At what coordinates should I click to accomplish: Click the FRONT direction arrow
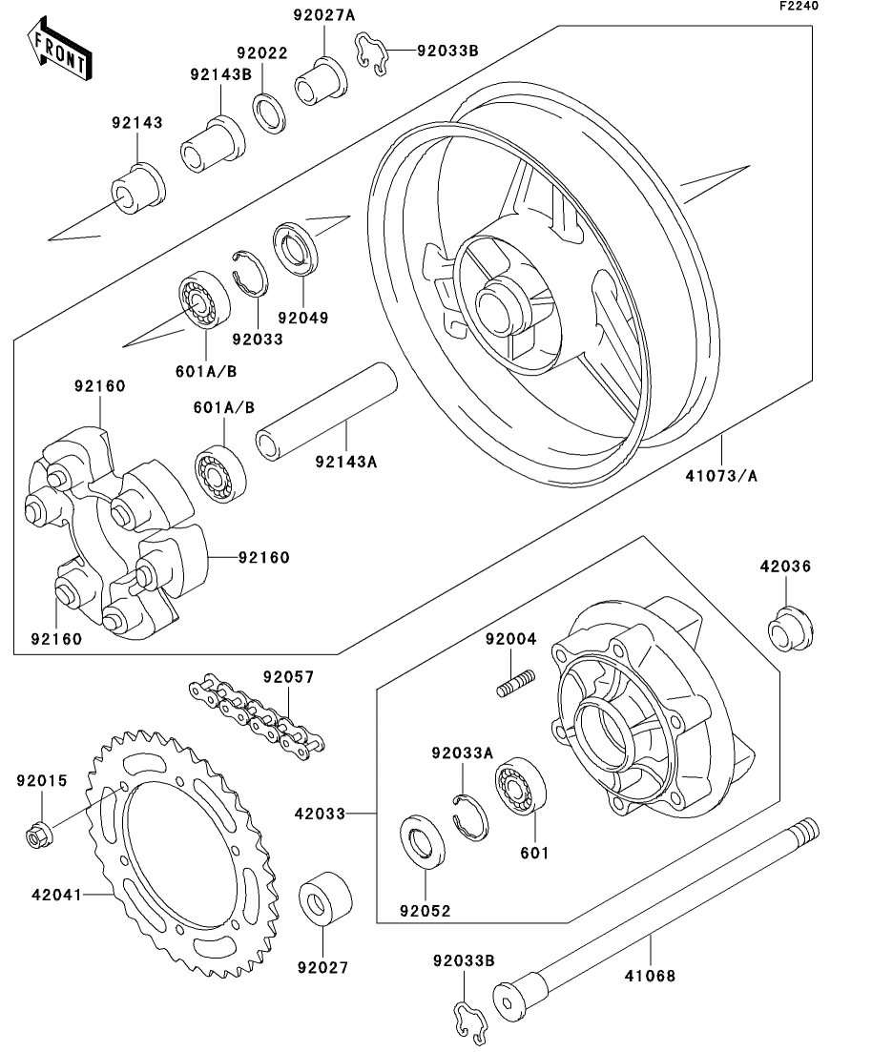59,54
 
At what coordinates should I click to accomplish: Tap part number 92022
261,54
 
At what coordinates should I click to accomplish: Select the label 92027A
321,14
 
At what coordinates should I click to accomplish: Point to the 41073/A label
722,475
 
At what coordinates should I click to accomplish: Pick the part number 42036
785,566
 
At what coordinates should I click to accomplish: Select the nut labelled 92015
39,835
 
